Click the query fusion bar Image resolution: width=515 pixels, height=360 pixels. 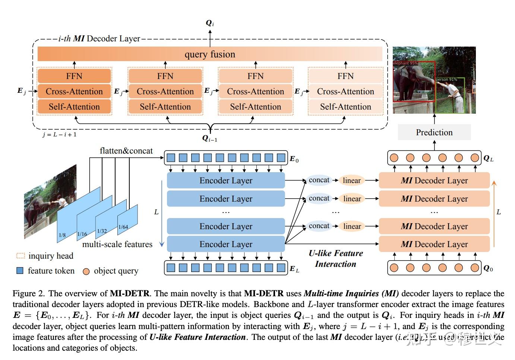[x=210, y=54]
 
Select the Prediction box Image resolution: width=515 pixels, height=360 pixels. [x=434, y=132]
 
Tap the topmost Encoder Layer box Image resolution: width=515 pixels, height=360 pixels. [x=226, y=180]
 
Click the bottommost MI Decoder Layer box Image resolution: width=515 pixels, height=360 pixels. [x=434, y=244]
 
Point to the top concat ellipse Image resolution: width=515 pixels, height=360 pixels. [x=319, y=180]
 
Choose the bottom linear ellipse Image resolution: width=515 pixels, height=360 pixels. [x=352, y=226]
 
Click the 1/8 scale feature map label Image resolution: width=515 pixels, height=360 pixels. [x=62, y=235]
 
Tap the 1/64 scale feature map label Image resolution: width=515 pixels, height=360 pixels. [x=123, y=227]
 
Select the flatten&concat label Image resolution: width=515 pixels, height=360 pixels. [x=126, y=151]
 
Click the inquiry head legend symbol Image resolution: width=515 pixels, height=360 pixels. [x=20, y=256]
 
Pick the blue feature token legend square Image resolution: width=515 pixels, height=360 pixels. [x=20, y=271]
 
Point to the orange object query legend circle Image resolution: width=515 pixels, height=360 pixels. [x=86, y=271]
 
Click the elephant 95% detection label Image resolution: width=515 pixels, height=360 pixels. [x=405, y=63]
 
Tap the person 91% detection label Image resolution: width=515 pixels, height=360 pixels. [x=446, y=79]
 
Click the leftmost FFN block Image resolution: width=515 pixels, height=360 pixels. [x=74, y=76]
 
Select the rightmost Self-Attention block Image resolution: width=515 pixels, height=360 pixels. [x=345, y=107]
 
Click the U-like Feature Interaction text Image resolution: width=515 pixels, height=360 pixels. [x=335, y=258]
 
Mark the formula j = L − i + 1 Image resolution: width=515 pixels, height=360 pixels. [x=59, y=135]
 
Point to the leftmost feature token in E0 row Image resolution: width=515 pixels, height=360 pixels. [x=171, y=158]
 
